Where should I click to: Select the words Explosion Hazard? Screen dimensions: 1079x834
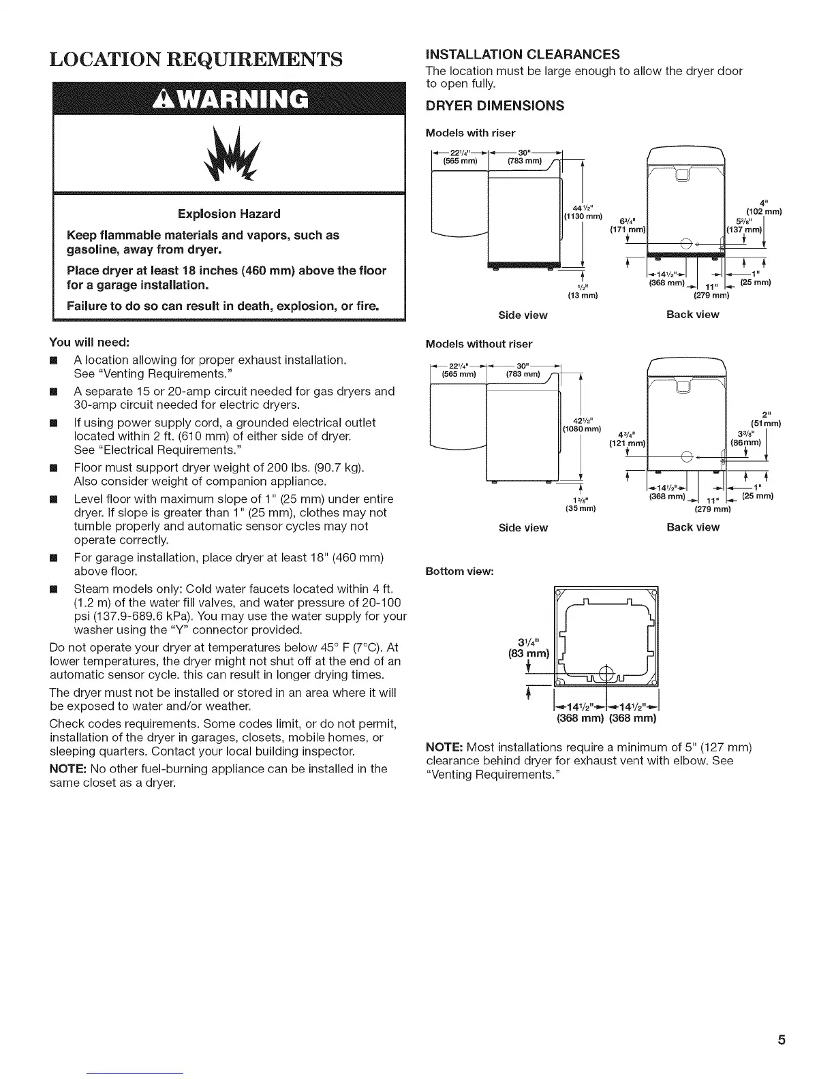(229, 214)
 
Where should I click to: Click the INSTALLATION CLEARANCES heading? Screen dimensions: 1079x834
(522, 54)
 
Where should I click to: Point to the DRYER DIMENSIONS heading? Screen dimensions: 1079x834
(495, 106)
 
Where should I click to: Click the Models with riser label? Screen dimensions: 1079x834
(470, 132)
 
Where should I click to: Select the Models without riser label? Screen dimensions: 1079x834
(478, 344)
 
